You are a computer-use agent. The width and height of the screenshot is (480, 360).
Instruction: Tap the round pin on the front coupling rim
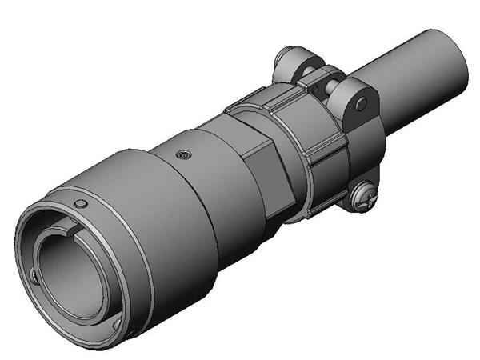click(x=78, y=205)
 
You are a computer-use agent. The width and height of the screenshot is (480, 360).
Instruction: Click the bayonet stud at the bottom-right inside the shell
click(x=118, y=323)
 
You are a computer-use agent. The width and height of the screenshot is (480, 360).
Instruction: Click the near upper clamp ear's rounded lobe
click(x=352, y=100)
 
